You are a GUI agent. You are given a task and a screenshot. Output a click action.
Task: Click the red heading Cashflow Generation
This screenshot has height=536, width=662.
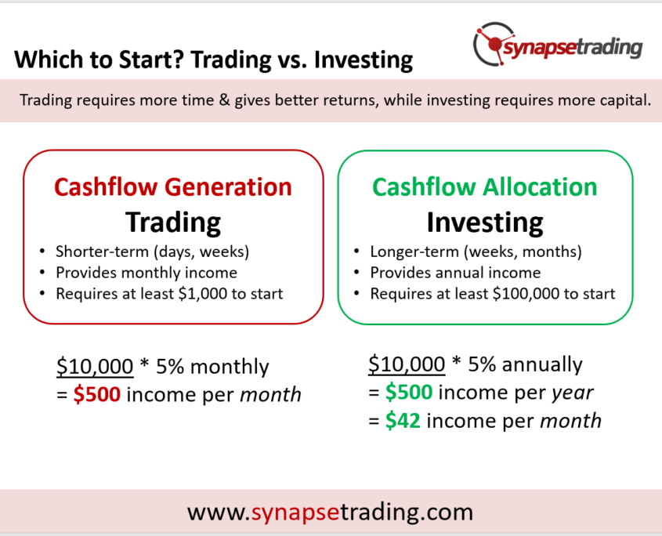click(x=173, y=187)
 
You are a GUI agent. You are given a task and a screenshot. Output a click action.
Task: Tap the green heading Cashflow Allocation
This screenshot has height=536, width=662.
click(x=485, y=187)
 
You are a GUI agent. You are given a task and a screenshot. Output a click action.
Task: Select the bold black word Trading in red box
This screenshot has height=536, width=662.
click(x=173, y=223)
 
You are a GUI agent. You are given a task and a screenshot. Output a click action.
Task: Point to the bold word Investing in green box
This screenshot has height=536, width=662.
click(x=485, y=223)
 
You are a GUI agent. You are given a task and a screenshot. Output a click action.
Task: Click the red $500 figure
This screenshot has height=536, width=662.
click(x=97, y=394)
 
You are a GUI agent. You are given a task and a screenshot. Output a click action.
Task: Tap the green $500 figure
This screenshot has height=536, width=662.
click(x=409, y=392)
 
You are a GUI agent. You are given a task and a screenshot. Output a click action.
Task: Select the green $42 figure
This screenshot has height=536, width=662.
click(x=403, y=421)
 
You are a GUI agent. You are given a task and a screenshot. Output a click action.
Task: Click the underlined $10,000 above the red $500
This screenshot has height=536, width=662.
click(x=95, y=366)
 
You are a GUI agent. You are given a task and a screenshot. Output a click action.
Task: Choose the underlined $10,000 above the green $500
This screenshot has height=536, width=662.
click(x=407, y=364)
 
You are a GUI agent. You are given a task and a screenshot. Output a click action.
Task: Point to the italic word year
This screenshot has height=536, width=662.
click(x=573, y=393)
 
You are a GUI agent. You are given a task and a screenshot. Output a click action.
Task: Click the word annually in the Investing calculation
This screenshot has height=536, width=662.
click(x=542, y=365)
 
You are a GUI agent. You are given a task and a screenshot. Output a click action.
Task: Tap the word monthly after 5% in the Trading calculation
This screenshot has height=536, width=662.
click(x=230, y=367)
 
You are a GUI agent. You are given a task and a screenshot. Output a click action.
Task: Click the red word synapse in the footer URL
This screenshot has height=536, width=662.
click(x=295, y=512)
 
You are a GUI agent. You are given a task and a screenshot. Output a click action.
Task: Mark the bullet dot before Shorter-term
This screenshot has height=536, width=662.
click(x=42, y=252)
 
